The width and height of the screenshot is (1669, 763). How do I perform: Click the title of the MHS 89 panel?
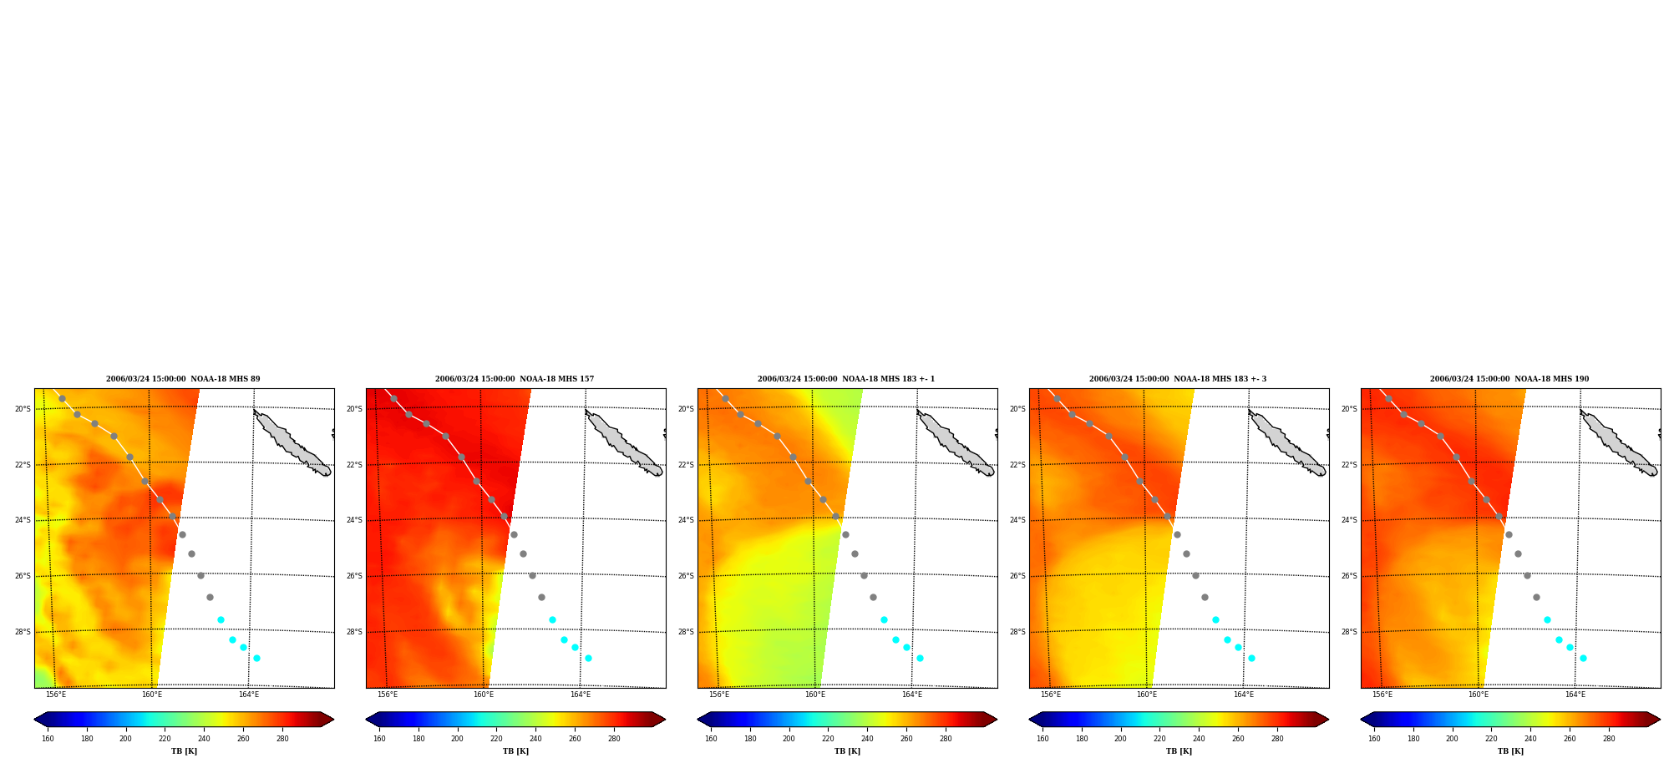click(183, 379)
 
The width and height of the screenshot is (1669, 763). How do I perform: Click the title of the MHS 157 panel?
click(515, 379)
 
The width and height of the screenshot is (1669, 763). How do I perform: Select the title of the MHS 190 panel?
click(1509, 379)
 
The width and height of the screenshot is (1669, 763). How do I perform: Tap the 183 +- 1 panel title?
click(846, 379)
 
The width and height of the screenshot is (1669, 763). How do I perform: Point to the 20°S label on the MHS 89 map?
click(23, 409)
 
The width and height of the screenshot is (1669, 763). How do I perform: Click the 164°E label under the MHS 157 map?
click(580, 695)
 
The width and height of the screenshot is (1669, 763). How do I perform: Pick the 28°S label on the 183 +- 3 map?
click(1017, 632)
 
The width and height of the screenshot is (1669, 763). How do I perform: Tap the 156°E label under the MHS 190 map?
click(1382, 695)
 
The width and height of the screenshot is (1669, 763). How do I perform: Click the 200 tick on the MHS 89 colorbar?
click(125, 739)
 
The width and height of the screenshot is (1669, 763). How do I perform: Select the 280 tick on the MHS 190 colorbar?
click(1609, 739)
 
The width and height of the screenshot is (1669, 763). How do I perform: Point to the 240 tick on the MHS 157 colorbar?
click(535, 739)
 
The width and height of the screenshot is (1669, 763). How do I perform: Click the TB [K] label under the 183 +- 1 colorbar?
click(847, 751)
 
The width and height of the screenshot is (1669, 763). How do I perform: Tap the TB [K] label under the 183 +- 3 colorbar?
click(1179, 751)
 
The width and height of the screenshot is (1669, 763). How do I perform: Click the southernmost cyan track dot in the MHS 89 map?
click(256, 659)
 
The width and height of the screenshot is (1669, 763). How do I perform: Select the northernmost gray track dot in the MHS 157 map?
click(393, 398)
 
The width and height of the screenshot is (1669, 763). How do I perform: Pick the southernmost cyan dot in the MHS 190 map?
click(1583, 659)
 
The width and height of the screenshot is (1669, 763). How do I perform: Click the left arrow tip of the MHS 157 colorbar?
click(367, 720)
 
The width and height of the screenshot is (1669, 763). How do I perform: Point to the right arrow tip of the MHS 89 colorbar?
click(333, 720)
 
